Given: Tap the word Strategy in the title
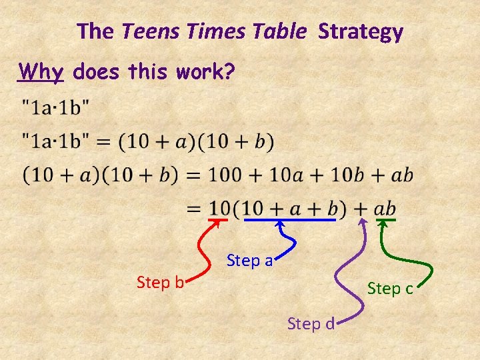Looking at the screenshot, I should pyautogui.click(x=361, y=32).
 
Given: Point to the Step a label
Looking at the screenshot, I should pyautogui.click(x=250, y=261).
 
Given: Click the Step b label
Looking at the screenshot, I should pyautogui.click(x=160, y=283).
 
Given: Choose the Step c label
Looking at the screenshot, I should pyautogui.click(x=391, y=289).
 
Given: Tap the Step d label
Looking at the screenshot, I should pyautogui.click(x=311, y=324).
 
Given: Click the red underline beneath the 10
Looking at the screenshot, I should pyautogui.click(x=219, y=219).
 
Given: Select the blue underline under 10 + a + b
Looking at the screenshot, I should pyautogui.click(x=289, y=219).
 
